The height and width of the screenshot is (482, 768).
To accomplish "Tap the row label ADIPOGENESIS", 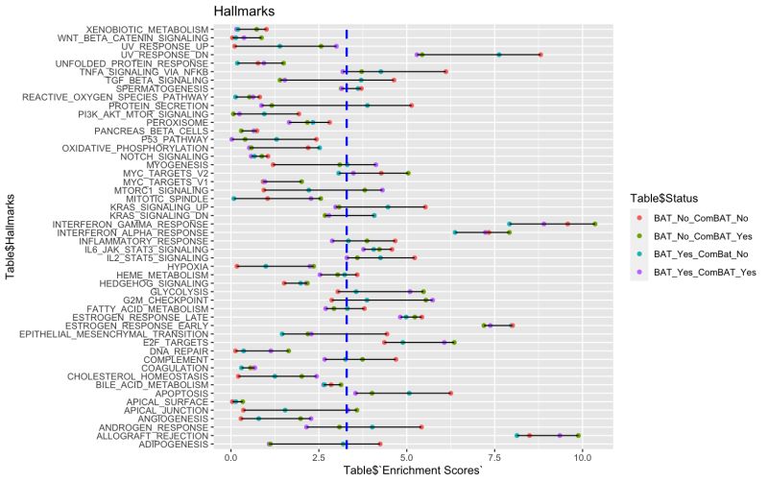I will (x=172, y=445).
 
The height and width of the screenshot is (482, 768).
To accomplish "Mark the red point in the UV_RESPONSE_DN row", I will (x=540, y=55).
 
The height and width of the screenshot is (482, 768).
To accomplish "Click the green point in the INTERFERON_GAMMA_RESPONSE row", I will (x=595, y=224).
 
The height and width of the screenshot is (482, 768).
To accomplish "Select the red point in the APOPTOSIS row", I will (x=450, y=393).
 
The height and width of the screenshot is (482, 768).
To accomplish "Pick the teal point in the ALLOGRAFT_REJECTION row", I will (x=516, y=435).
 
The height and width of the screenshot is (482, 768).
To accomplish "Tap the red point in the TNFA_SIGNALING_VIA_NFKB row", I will (x=445, y=71).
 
